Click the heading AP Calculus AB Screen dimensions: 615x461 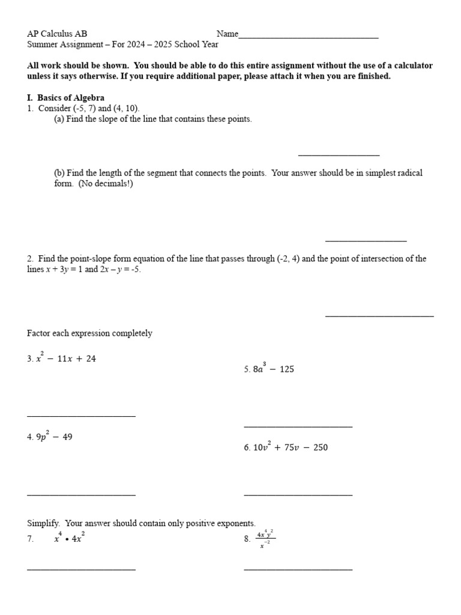[x=57, y=34]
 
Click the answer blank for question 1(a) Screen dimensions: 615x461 [x=339, y=155]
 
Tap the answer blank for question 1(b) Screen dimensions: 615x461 [x=366, y=241]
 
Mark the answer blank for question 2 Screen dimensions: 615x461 [x=379, y=315]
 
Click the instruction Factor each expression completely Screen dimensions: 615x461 [x=89, y=333]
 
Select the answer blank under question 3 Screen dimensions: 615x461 [x=81, y=416]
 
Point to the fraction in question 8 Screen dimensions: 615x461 [x=264, y=539]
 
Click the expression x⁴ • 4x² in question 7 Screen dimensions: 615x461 [x=69, y=539]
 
